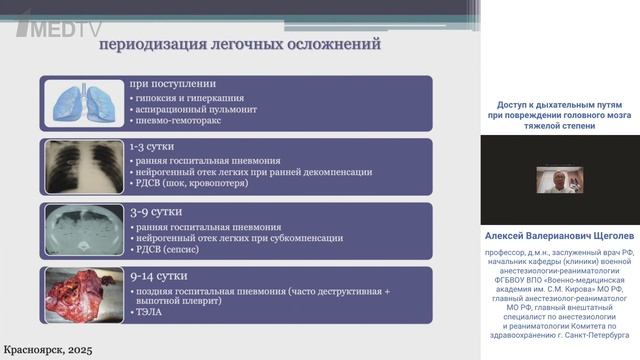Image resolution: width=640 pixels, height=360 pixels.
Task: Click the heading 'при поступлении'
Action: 172,84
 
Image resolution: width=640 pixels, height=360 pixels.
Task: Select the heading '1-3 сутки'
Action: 152,146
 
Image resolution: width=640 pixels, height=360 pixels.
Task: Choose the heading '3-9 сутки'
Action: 152,211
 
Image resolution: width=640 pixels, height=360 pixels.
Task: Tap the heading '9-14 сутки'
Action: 155,275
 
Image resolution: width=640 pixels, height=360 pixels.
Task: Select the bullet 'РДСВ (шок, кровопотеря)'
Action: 196,186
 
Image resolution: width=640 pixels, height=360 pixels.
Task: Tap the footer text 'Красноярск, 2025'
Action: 51,347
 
